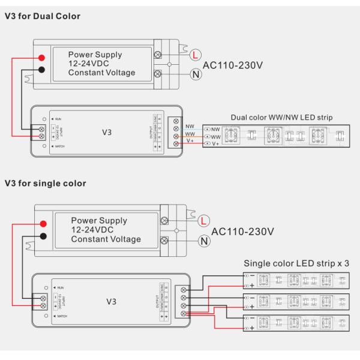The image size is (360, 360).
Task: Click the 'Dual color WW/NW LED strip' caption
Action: pos(281,117)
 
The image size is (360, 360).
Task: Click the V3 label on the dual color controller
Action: pos(106,132)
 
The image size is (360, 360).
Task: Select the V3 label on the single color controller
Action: pos(111,301)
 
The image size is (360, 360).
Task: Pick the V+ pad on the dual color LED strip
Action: pos(211,145)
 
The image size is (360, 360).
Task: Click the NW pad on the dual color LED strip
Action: pos(211,129)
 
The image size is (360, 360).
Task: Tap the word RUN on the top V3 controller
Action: pos(58,119)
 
